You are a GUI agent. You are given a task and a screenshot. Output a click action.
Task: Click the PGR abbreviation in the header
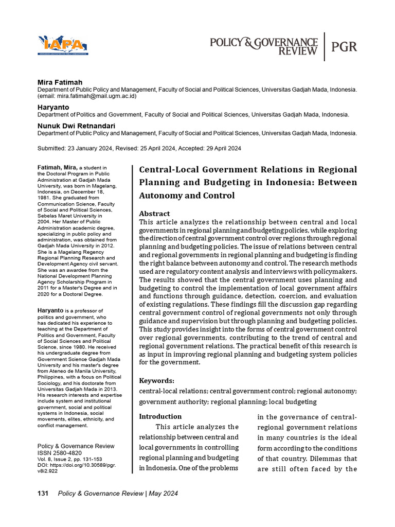pyautogui.click(x=344, y=46)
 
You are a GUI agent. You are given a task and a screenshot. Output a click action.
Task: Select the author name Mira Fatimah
pyautogui.click(x=60, y=82)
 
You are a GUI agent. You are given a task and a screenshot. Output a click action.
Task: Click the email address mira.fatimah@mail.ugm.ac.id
pyautogui.click(x=96, y=96)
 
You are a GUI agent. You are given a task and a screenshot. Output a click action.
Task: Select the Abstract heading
pyautogui.click(x=154, y=214)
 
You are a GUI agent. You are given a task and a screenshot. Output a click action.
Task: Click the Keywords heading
pyautogui.click(x=156, y=381)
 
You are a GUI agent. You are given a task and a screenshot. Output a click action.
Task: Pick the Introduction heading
pyautogui.click(x=160, y=416)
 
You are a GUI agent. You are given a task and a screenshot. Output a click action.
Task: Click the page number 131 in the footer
pyautogui.click(x=43, y=494)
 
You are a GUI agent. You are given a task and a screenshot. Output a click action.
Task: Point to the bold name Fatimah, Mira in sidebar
pyautogui.click(x=57, y=168)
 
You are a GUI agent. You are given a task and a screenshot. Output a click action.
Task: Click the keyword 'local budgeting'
pyautogui.click(x=292, y=401)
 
